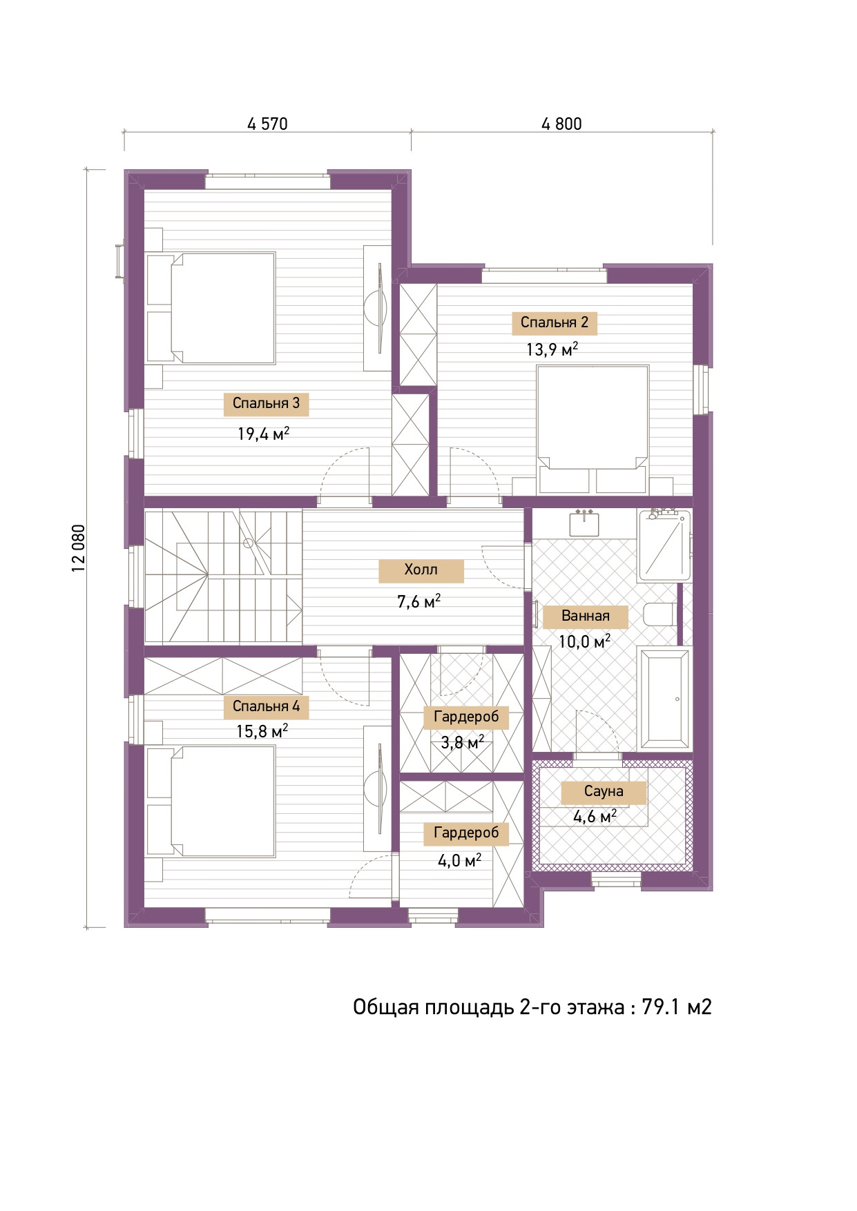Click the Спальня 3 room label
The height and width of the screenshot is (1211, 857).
tap(266, 404)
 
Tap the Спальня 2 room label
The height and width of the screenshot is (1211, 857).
tap(555, 323)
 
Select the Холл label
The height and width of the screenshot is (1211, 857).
tap(421, 570)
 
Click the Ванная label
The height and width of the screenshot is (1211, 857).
tap(586, 617)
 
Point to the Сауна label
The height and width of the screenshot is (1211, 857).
tap(604, 792)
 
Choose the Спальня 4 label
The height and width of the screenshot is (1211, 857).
tap(266, 707)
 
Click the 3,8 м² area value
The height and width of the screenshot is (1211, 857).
tap(462, 743)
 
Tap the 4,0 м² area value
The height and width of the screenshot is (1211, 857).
tap(460, 860)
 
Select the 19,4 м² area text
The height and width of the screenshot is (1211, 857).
tap(263, 434)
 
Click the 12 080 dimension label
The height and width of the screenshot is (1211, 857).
tap(78, 548)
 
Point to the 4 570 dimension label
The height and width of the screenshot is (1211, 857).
tap(267, 124)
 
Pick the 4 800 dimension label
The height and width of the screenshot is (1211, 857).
tap(561, 124)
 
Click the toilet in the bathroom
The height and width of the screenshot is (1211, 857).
tap(659, 614)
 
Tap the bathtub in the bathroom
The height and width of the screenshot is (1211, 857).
tap(664, 698)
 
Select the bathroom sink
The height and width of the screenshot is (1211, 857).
tap(584, 523)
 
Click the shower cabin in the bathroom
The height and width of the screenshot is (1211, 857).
tap(664, 545)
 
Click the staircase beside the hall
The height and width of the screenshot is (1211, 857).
tap(222, 577)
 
